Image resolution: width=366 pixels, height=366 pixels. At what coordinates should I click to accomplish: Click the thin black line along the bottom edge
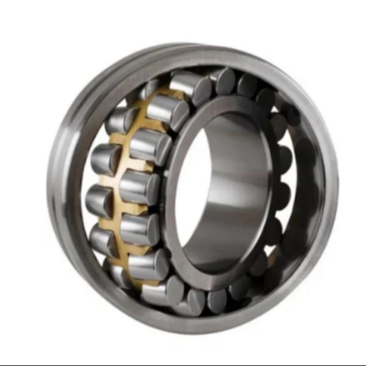coord(183,364)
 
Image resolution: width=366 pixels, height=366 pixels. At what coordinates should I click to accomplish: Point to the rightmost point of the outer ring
coord(337,183)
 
